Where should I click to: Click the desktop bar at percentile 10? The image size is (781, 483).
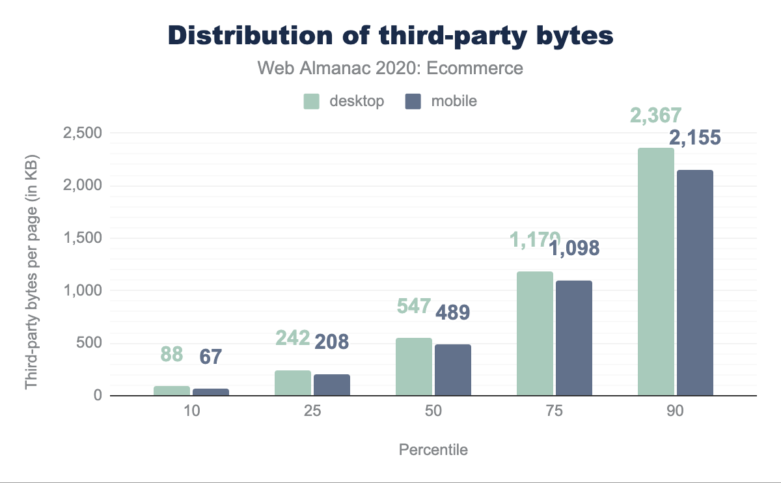(x=172, y=391)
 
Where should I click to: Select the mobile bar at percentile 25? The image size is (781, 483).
(x=332, y=385)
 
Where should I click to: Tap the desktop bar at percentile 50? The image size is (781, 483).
(x=414, y=366)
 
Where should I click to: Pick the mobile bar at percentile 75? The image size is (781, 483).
(x=574, y=338)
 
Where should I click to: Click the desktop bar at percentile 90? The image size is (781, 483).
(x=656, y=271)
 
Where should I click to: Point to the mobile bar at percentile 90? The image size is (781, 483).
(x=695, y=283)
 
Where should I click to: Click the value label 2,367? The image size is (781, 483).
(x=655, y=116)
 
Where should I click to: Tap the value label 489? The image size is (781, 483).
(x=452, y=312)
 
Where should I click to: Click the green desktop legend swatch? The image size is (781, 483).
(x=312, y=102)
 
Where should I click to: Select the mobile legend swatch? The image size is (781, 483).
(x=413, y=102)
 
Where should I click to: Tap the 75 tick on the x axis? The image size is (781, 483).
(x=555, y=412)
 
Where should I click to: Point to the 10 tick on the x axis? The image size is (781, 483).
(x=191, y=412)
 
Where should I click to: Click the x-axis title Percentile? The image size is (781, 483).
(x=433, y=450)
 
